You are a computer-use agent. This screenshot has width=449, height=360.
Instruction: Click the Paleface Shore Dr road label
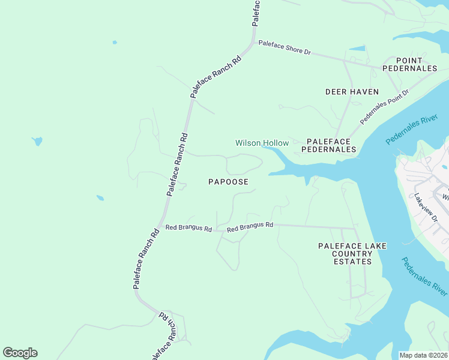285,48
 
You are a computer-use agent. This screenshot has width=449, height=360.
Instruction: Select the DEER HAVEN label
352,92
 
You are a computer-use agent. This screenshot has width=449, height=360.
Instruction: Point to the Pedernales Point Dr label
384,107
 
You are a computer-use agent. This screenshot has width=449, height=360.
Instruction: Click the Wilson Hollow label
262,143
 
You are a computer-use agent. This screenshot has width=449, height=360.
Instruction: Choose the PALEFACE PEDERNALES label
331,145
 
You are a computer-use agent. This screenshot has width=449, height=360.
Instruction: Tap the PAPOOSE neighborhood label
228,181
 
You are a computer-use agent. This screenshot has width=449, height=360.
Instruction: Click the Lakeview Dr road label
427,208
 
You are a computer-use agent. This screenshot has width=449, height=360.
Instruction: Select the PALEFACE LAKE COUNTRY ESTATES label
352,254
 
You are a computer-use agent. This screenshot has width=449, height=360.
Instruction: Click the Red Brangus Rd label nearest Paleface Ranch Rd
189,229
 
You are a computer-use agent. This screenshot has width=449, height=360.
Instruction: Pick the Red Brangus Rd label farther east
250,227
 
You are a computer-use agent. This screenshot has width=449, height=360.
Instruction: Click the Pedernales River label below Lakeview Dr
424,276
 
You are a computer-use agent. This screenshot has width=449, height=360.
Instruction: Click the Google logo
20,353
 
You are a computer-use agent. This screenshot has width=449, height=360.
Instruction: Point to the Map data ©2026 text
423,355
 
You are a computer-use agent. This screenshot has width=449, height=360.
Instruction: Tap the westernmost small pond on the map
37,142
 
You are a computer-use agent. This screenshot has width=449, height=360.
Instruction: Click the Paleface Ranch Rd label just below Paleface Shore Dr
216,77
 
